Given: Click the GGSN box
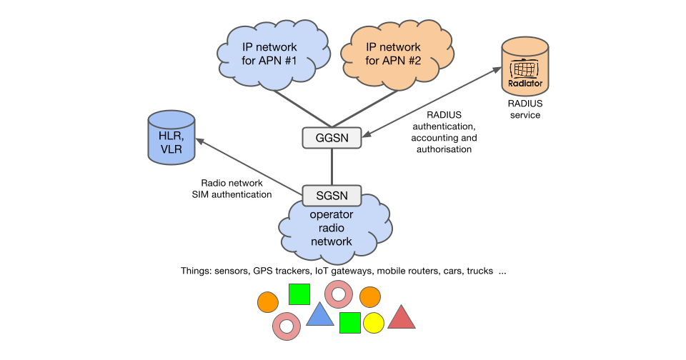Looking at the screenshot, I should (x=332, y=138).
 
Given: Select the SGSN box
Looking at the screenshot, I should (x=332, y=195).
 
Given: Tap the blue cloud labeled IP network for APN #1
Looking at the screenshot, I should (x=269, y=54).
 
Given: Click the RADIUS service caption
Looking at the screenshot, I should (x=525, y=109).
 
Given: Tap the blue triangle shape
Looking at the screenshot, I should (x=320, y=314).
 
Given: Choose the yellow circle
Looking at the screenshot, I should (x=374, y=323).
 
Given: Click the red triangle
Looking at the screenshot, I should (x=401, y=318).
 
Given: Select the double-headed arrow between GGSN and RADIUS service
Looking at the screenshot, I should (x=429, y=101).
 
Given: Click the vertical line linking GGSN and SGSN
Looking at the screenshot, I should (x=332, y=166).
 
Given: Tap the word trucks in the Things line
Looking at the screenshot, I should (x=479, y=272).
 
